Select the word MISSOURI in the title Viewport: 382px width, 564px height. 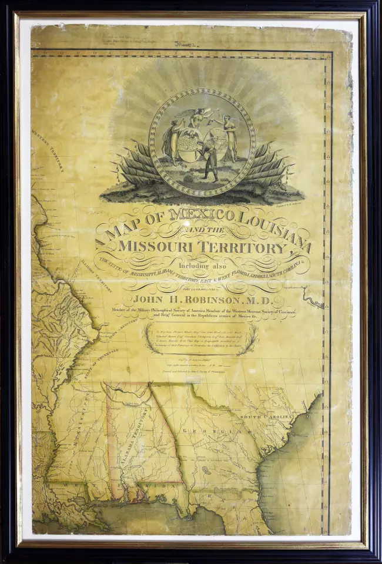click(x=155, y=246)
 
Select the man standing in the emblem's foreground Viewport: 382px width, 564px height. click(x=208, y=162)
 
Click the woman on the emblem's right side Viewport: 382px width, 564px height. click(x=230, y=138)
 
